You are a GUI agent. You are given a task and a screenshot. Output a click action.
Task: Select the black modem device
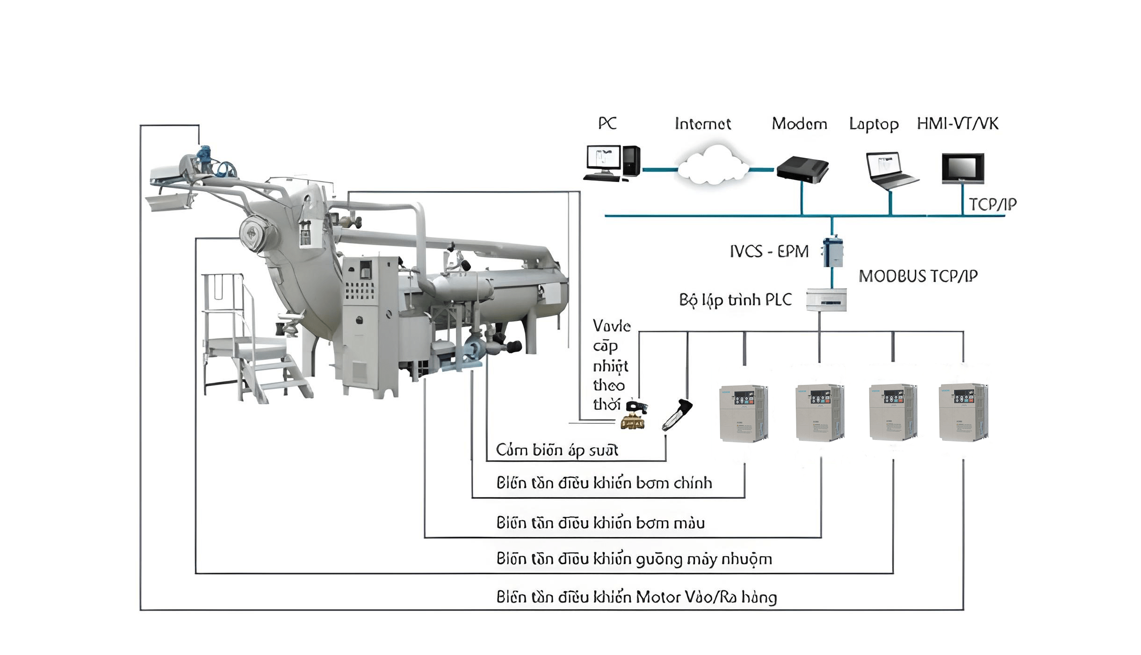coord(802,169)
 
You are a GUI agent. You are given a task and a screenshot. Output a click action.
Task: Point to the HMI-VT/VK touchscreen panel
coord(962,168)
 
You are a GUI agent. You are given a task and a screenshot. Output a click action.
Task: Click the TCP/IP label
coord(992,204)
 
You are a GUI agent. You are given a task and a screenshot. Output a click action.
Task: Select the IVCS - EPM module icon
coord(833,252)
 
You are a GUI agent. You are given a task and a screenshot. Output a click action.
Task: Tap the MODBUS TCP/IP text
coord(918,276)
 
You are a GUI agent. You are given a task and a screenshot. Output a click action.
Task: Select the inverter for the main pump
coord(744,413)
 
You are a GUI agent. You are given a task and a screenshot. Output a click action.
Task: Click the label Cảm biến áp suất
coord(556,450)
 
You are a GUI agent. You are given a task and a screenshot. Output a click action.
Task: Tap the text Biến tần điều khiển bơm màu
coord(600,523)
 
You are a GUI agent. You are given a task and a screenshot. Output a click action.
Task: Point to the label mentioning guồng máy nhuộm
coord(634,559)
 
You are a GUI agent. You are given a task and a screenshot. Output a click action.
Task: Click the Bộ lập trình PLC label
coord(735,300)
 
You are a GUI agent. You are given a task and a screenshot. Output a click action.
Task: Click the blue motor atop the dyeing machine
coord(204,154)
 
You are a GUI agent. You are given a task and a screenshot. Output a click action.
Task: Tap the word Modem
coord(799,124)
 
